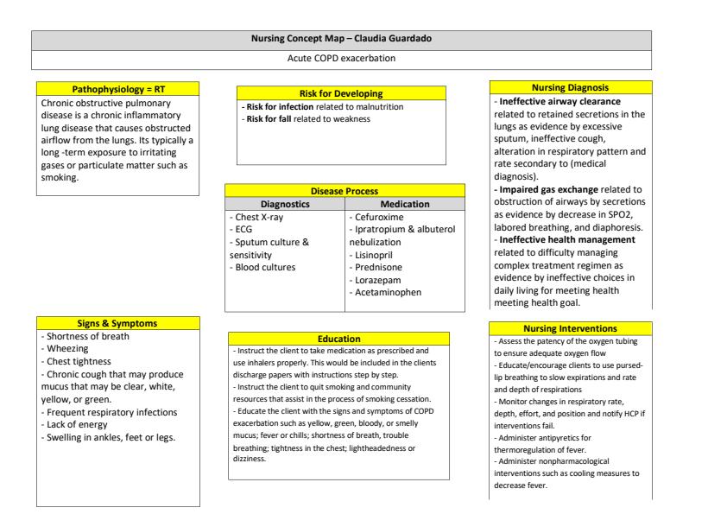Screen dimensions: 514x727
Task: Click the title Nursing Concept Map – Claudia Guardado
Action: (x=341, y=40)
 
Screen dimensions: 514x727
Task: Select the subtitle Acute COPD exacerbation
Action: (x=341, y=59)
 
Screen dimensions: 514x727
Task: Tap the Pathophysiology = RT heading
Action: (x=118, y=89)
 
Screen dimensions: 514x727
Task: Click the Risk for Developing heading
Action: (x=341, y=92)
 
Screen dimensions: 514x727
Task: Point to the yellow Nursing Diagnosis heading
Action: (x=571, y=87)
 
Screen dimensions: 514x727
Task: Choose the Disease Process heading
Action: (x=345, y=190)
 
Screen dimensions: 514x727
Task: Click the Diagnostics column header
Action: (x=285, y=204)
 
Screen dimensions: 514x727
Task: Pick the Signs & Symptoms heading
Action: (x=118, y=323)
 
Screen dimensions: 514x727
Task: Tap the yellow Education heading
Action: (x=339, y=339)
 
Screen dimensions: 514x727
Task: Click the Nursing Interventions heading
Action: (x=571, y=329)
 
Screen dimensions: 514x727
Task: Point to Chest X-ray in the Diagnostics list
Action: (x=258, y=217)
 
